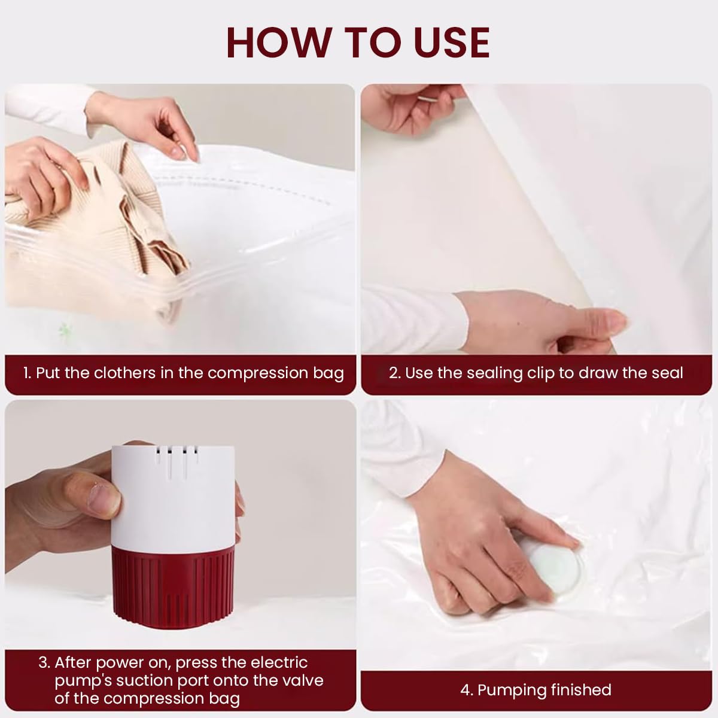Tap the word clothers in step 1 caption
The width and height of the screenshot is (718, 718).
click(x=124, y=373)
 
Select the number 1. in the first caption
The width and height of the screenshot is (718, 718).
click(x=28, y=373)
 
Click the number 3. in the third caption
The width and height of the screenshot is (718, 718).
click(x=44, y=662)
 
